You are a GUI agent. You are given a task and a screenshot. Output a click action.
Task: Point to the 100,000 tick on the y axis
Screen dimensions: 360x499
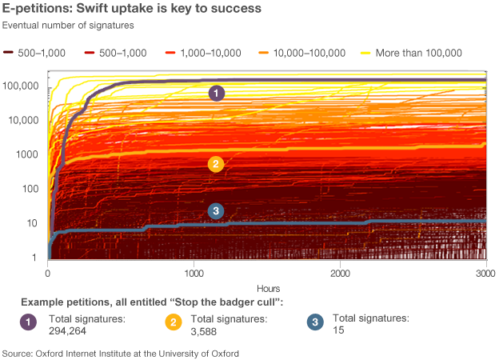click(x=21, y=86)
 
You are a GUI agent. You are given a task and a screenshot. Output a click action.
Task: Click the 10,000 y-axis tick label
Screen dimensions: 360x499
click(x=24, y=120)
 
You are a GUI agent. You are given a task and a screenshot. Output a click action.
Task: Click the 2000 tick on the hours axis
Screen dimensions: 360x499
click(x=340, y=274)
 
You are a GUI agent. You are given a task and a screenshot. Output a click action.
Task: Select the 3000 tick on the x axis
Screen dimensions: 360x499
click(x=486, y=274)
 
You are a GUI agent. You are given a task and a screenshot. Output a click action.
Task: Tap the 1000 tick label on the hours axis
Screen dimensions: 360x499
click(x=194, y=274)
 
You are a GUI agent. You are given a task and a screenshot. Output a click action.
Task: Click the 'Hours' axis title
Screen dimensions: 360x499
click(x=267, y=287)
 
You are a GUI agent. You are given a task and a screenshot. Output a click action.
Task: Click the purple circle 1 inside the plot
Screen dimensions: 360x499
click(x=215, y=94)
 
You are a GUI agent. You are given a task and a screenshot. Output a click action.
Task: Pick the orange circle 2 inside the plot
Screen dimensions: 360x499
click(x=215, y=164)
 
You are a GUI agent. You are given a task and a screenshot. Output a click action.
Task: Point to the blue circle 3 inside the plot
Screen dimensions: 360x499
click(x=215, y=211)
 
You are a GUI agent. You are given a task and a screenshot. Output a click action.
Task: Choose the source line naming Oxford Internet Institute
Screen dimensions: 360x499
click(x=121, y=352)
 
